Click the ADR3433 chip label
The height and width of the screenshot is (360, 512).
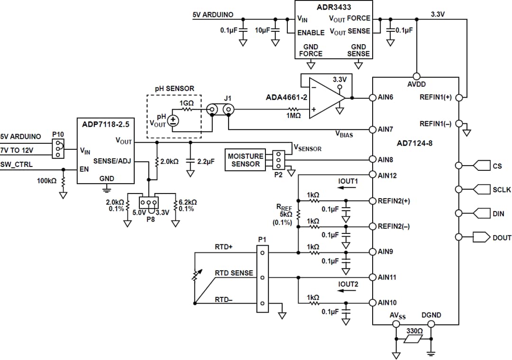pyautogui.click(x=334, y=7)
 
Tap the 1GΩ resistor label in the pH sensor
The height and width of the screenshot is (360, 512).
pyautogui.click(x=186, y=103)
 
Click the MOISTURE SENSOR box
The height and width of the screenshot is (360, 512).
pyautogui.click(x=245, y=160)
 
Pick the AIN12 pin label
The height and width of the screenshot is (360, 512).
pyautogui.click(x=387, y=175)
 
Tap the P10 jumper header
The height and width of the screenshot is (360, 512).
pyautogui.click(x=58, y=148)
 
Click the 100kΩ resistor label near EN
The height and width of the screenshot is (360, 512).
pyautogui.click(x=46, y=181)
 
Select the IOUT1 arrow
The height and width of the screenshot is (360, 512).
pyautogui.click(x=348, y=187)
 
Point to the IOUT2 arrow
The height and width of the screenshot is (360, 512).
pyautogui.click(x=348, y=290)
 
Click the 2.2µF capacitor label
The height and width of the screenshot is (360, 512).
pyautogui.click(x=206, y=161)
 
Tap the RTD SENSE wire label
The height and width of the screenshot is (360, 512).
pyautogui.click(x=234, y=273)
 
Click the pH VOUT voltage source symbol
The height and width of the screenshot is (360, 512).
pyautogui.click(x=174, y=120)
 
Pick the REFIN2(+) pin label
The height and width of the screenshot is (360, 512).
pyautogui.click(x=393, y=201)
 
